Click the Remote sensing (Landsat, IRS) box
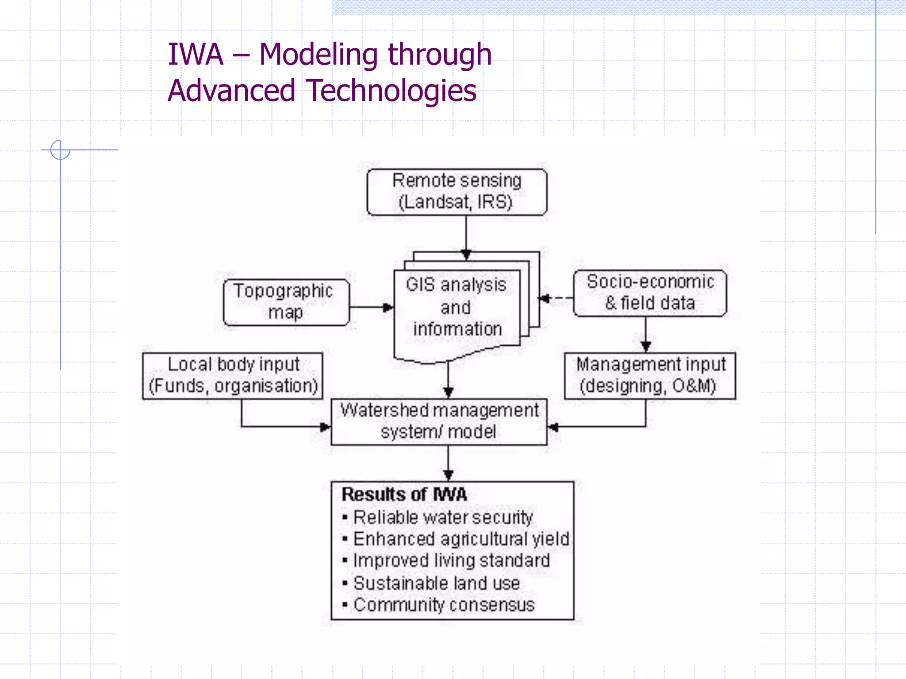point(457,192)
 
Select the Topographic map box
point(286,302)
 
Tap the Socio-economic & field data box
point(650,293)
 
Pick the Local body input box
point(233,376)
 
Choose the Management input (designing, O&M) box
point(650,376)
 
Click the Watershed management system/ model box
point(439,422)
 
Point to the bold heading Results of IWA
point(404,494)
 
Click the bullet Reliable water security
point(443,517)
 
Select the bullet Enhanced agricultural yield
point(461,539)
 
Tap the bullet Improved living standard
point(451,561)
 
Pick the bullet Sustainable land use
point(436,583)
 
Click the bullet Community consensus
point(444,605)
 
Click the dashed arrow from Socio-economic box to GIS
point(557,298)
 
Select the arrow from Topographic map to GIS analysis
point(371,307)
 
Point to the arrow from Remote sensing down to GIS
point(466,237)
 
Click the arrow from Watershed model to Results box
point(448,462)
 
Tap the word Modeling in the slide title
point(319,55)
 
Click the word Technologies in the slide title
point(392,91)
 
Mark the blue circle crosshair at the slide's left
point(60,150)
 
